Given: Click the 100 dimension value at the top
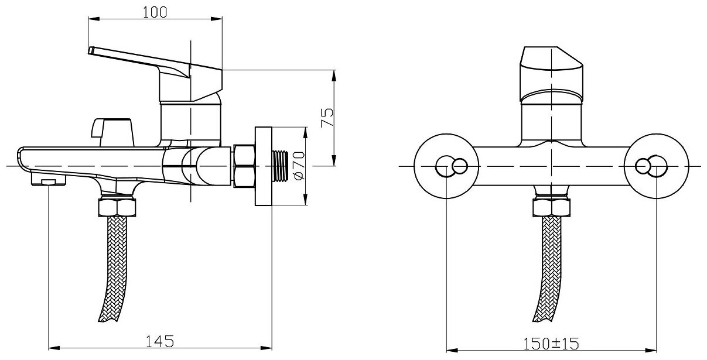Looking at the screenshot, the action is tap(155, 12).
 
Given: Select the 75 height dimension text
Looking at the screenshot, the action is tap(328, 118).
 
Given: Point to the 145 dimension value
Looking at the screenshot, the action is tap(159, 340).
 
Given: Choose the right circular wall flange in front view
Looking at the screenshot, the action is tap(656, 166).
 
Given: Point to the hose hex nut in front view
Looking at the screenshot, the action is tap(550, 208).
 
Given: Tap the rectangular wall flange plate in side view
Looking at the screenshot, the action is tap(264, 166).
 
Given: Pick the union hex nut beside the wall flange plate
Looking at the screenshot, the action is tap(243, 166).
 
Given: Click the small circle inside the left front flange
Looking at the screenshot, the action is tap(460, 166).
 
